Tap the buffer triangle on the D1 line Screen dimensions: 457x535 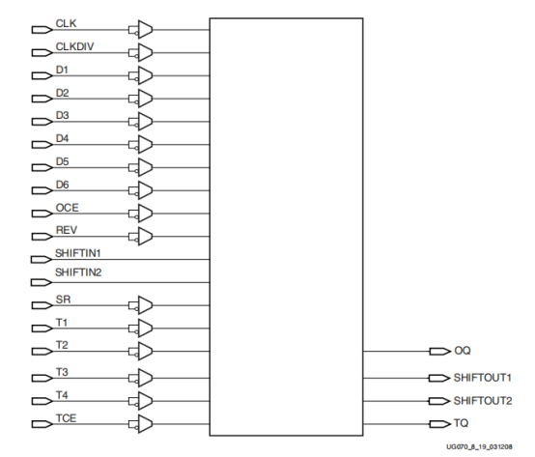pyautogui.click(x=145, y=74)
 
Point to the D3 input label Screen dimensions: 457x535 pyautogui.click(x=63, y=114)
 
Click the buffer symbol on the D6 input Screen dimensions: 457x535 pyautogui.click(x=145, y=189)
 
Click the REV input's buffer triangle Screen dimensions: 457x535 pyautogui.click(x=145, y=236)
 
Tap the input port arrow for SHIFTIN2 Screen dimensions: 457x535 pyautogui.click(x=42, y=282)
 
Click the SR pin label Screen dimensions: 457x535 pyautogui.click(x=62, y=299)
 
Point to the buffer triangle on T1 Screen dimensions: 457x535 pyautogui.click(x=145, y=328)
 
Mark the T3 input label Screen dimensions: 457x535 pyautogui.click(x=62, y=372)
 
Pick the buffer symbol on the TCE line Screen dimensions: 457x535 pyautogui.click(x=145, y=423)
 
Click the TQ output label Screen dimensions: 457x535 pyautogui.click(x=461, y=423)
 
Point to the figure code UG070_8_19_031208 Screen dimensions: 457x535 pyautogui.click(x=489, y=448)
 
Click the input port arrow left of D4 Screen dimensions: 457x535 pyautogui.click(x=42, y=144)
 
